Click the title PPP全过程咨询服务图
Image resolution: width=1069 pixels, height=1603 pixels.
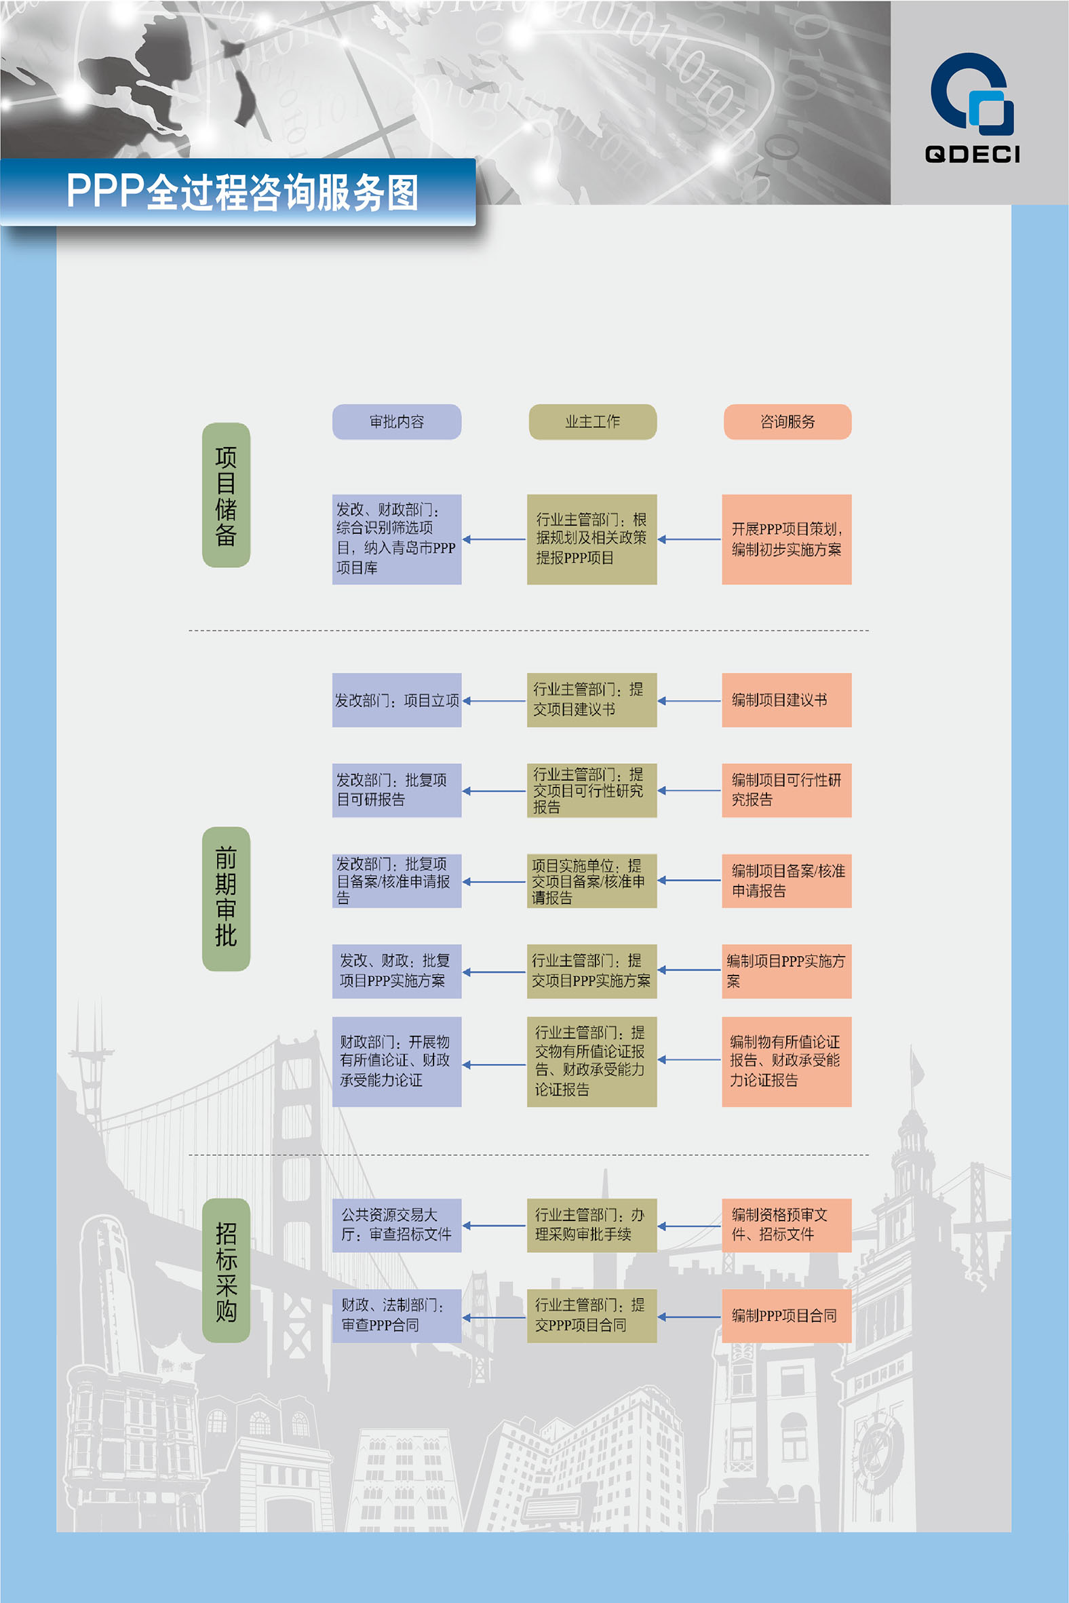pos(242,191)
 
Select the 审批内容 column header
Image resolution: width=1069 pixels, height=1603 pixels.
pos(397,421)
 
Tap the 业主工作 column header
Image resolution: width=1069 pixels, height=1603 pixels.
pos(592,421)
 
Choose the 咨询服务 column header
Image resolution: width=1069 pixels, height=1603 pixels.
pos(788,421)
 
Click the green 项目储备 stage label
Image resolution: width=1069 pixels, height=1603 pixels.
pos(227,495)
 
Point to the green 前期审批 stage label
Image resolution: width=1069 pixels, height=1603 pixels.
pos(227,899)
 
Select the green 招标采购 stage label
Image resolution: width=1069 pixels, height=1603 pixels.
pos(227,1271)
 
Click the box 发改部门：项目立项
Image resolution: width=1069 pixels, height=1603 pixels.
pos(397,700)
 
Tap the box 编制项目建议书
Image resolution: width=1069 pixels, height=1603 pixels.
pos(787,700)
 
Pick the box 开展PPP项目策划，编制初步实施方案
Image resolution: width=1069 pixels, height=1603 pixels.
pos(787,539)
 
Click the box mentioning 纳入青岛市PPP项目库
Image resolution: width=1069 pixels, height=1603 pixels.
pos(397,539)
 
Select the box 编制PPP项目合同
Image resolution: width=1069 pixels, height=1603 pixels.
pos(787,1316)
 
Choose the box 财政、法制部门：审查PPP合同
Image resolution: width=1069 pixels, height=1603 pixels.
pos(397,1316)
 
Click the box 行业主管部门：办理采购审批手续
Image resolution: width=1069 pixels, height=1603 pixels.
pos(591,1225)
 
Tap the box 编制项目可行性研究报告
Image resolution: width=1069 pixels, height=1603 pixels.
pos(787,790)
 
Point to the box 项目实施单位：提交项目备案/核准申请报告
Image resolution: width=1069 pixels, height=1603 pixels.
pos(591,881)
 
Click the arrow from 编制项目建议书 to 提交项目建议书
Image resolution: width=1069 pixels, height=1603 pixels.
pos(689,701)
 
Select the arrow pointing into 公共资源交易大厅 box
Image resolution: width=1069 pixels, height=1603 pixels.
pos(494,1226)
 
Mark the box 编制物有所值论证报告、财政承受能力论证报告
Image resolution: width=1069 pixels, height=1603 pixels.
pos(787,1062)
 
